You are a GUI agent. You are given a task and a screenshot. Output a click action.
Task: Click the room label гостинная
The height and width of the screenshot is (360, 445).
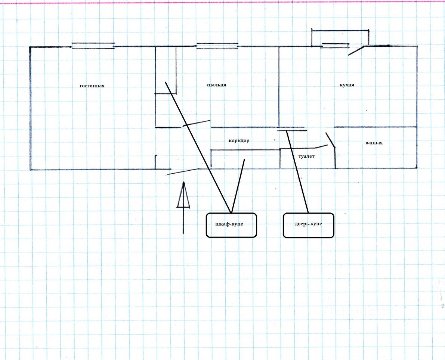[92, 86]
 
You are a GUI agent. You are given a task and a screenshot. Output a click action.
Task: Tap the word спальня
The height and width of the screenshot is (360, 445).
[216, 85]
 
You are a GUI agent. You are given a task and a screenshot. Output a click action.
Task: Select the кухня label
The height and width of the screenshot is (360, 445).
[347, 85]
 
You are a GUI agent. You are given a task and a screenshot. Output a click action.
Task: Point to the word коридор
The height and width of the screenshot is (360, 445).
[239, 141]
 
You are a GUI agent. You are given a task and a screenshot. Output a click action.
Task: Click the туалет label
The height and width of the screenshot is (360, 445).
[307, 156]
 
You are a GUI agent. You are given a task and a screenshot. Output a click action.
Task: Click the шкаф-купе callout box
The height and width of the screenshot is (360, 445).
[231, 225]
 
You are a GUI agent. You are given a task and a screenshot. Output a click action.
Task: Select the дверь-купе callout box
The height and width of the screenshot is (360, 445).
[308, 225]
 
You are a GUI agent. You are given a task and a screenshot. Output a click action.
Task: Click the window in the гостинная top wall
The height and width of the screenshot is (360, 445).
[93, 46]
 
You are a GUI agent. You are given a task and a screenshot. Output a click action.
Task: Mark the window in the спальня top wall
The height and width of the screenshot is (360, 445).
[217, 46]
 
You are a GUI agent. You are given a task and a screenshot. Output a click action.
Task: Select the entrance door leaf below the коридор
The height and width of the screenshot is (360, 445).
[182, 172]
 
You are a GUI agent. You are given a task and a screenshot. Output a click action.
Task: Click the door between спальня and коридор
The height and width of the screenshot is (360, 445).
[197, 123]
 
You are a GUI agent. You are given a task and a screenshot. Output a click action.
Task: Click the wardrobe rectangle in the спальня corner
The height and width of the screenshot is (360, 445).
[166, 70]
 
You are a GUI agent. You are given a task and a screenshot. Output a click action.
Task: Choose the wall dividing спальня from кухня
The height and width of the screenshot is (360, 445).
[279, 86]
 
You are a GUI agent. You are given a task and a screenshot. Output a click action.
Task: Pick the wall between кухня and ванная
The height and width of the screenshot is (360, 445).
[375, 127]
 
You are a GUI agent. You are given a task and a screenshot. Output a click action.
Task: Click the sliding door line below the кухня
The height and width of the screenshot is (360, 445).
[292, 131]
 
